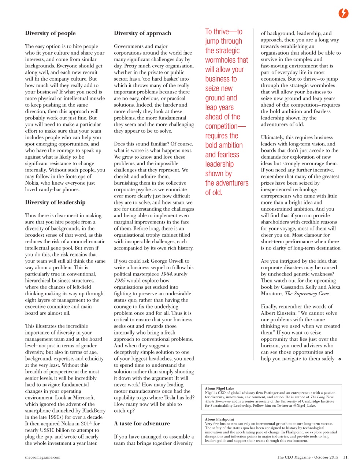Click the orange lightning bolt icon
343,14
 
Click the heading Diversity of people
50,33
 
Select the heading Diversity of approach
142,33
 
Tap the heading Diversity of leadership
55,202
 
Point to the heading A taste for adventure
142,423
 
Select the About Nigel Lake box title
219,388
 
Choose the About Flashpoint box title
219,419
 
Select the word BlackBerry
91,411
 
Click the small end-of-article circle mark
339,359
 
